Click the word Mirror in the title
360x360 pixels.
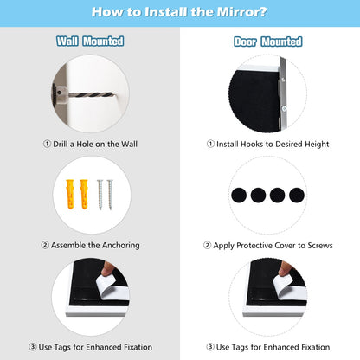(x=241, y=12)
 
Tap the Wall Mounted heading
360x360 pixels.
(x=90, y=42)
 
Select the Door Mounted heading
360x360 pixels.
(x=268, y=42)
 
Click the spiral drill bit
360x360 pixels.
(x=90, y=94)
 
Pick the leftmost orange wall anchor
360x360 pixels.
(x=70, y=194)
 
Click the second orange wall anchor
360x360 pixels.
(x=84, y=194)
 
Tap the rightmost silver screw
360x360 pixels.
(x=110, y=195)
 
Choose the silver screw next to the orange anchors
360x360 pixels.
(x=100, y=195)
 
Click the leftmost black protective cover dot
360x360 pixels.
(x=239, y=195)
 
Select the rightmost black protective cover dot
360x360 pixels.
(x=297, y=195)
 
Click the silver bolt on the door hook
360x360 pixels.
(x=284, y=108)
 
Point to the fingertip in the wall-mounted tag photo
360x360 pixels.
(x=108, y=269)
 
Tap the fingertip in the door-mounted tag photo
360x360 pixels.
(x=285, y=269)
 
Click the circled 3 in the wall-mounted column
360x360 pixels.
(x=33, y=347)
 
